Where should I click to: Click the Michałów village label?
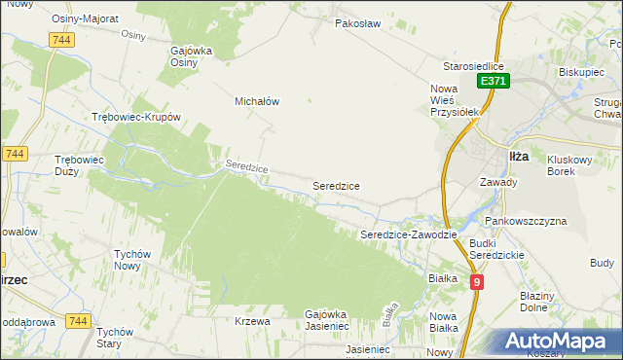click(257, 100)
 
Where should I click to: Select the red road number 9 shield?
click(477, 282)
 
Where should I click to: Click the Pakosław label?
click(355, 22)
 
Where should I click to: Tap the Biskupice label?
click(583, 72)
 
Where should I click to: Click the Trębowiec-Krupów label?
click(136, 117)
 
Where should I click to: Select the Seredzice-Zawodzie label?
click(409, 234)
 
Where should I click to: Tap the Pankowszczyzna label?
click(529, 221)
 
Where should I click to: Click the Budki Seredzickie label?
click(496, 248)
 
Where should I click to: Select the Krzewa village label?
click(251, 320)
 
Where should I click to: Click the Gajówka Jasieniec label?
click(339, 320)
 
